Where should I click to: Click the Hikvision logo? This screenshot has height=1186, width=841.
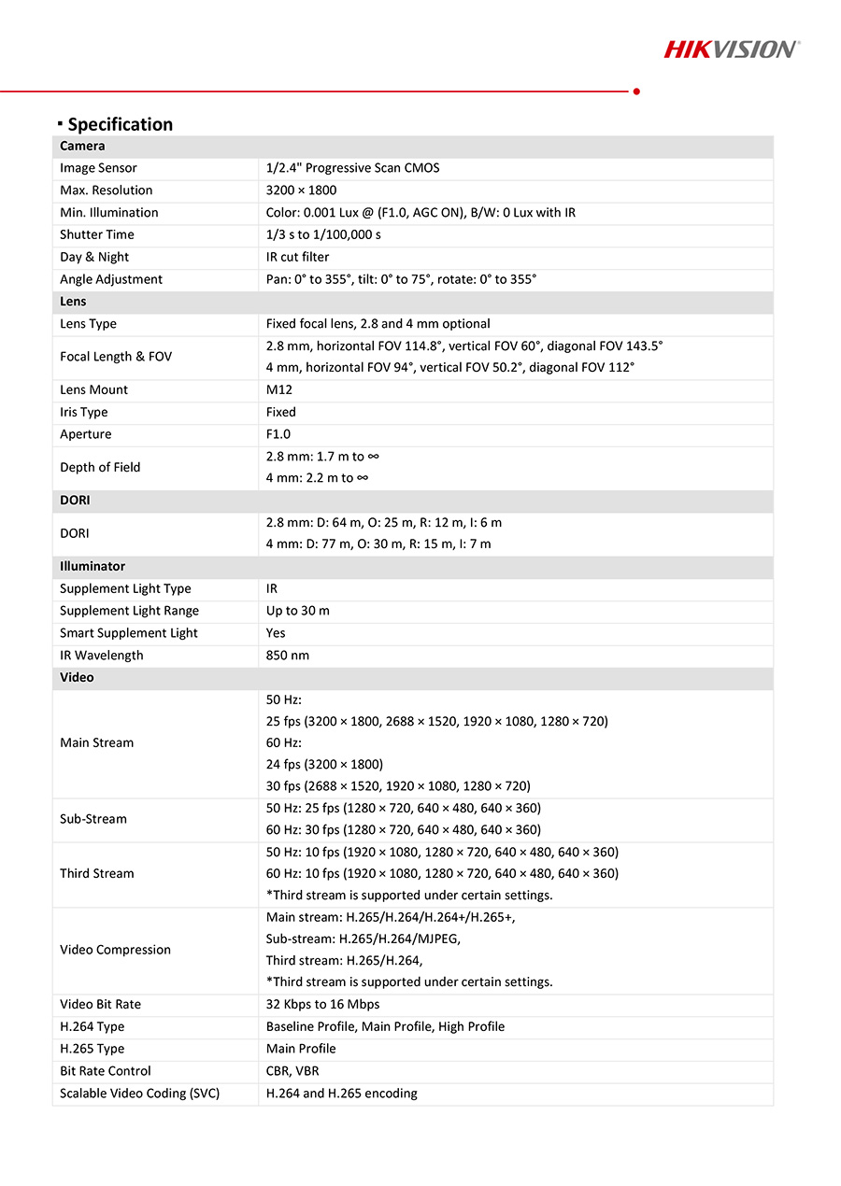pos(731,49)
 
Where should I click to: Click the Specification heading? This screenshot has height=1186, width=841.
pos(120,124)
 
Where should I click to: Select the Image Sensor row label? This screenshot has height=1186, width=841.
pos(98,168)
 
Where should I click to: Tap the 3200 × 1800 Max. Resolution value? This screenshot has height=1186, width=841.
pos(301,191)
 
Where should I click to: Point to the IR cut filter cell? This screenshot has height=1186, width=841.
pos(297,257)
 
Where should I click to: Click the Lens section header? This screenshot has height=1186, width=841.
pos(73,302)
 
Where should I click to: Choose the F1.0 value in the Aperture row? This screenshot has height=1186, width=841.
pos(278,434)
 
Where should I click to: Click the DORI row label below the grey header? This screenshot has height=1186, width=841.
pos(75,533)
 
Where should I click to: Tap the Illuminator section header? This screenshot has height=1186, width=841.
pos(93,566)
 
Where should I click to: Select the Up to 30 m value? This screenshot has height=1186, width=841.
pos(297,611)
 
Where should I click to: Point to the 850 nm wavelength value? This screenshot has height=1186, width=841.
pos(288,656)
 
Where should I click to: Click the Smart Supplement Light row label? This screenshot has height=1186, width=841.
pos(129,633)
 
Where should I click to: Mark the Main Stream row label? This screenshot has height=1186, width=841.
pos(96,742)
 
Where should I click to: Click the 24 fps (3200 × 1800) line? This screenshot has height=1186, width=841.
pos(324,764)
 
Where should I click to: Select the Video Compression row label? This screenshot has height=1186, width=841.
pos(115,950)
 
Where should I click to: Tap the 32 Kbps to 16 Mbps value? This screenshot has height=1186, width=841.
pos(322,1004)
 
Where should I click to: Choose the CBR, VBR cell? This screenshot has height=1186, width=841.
pos(292,1071)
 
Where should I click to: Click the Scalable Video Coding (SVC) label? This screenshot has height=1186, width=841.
pos(139,1094)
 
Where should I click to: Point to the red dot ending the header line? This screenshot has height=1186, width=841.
pos(636,92)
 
